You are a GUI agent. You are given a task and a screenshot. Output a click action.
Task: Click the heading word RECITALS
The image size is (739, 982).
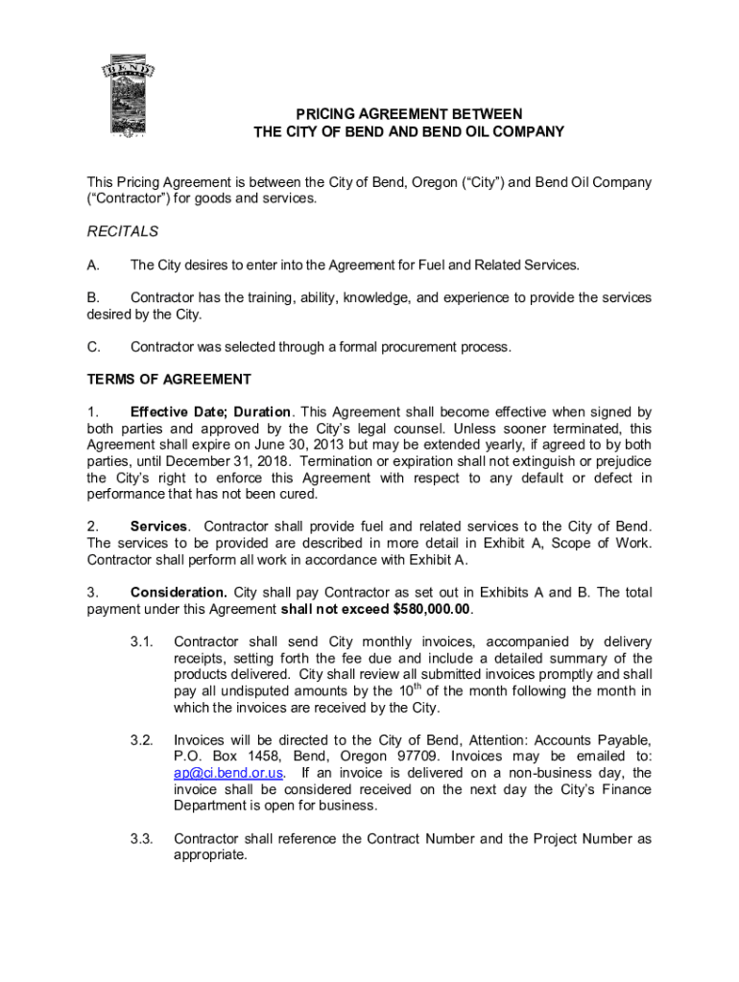click(123, 231)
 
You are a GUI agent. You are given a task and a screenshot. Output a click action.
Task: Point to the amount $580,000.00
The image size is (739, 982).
click(432, 609)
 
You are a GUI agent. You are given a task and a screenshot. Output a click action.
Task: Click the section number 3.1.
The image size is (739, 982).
click(142, 642)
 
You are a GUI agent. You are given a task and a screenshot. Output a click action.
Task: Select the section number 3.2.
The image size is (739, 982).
click(142, 740)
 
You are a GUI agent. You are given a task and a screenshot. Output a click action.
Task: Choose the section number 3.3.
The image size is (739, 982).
click(142, 839)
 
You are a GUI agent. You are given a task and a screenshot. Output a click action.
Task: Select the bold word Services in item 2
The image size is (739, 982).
click(159, 526)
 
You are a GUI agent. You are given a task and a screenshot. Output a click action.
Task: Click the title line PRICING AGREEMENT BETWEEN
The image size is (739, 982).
click(408, 114)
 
